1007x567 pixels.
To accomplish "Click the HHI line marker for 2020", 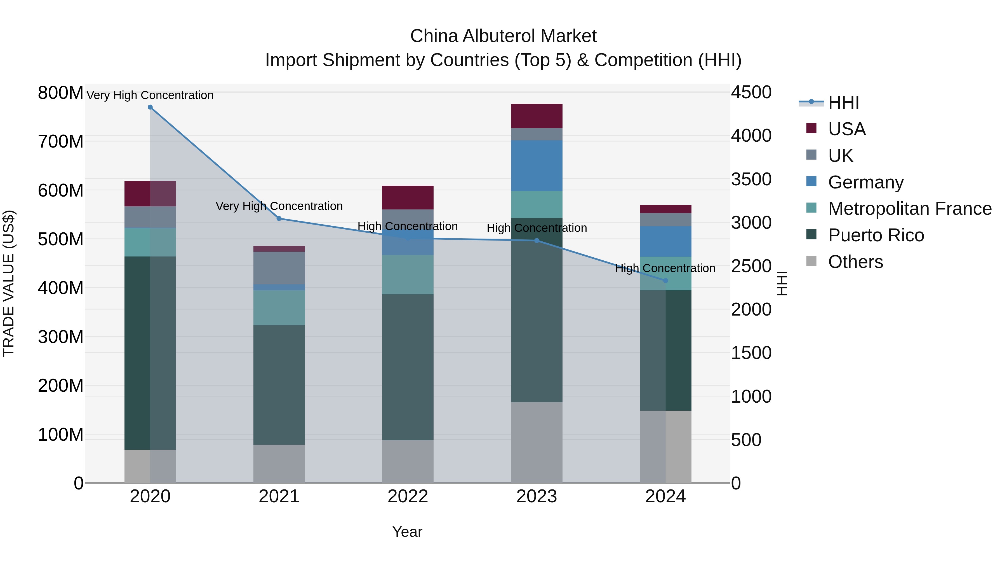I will click(x=150, y=107).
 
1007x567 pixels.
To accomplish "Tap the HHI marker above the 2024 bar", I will click(x=666, y=281).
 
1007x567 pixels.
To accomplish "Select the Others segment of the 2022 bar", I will click(x=408, y=461).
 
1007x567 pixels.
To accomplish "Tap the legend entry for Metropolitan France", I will click(x=909, y=209).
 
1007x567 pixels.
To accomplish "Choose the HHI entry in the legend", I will click(x=843, y=102).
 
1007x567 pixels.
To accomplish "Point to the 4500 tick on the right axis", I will click(x=751, y=93).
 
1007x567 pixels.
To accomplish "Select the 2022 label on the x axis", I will click(x=408, y=496).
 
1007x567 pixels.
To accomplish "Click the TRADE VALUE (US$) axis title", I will click(x=9, y=283).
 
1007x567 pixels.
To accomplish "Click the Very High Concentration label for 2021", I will click(x=279, y=206).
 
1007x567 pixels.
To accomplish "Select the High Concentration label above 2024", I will click(x=665, y=269).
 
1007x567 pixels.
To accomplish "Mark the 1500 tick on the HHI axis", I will click(x=751, y=353).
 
